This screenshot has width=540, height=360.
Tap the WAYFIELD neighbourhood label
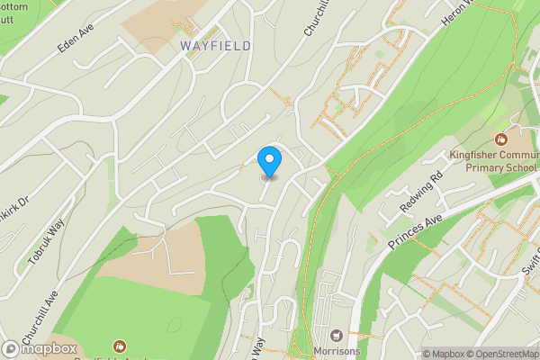pyautogui.click(x=215, y=45)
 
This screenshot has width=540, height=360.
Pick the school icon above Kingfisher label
pyautogui.click(x=499, y=139)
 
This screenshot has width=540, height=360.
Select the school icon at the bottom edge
pyautogui.click(x=119, y=346)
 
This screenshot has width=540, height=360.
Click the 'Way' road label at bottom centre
pyautogui.click(x=261, y=346)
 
